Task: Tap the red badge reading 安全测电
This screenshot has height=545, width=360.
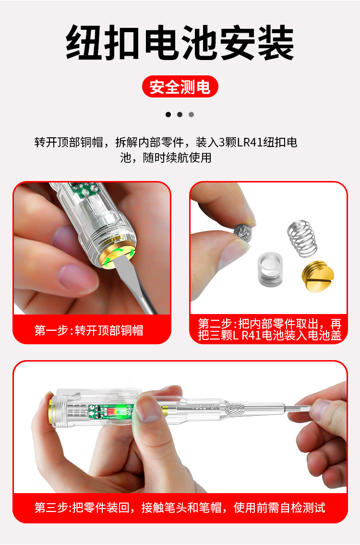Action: [180, 87]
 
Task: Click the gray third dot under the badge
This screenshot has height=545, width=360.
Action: [191, 114]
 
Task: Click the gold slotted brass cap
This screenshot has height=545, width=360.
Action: [318, 278]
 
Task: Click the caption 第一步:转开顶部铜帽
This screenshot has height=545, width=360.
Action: [89, 330]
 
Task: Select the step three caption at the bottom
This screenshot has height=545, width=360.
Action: [180, 508]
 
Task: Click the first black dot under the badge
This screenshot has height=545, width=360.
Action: [168, 114]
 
